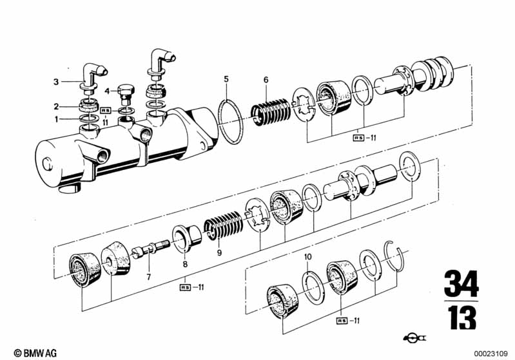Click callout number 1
(57, 119)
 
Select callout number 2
(57, 107)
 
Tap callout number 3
(57, 82)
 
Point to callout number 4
(107, 91)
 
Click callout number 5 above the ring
(226, 79)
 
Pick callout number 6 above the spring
(266, 80)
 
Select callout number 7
(149, 278)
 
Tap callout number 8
(185, 264)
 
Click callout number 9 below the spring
(219, 252)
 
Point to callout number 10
(307, 256)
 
